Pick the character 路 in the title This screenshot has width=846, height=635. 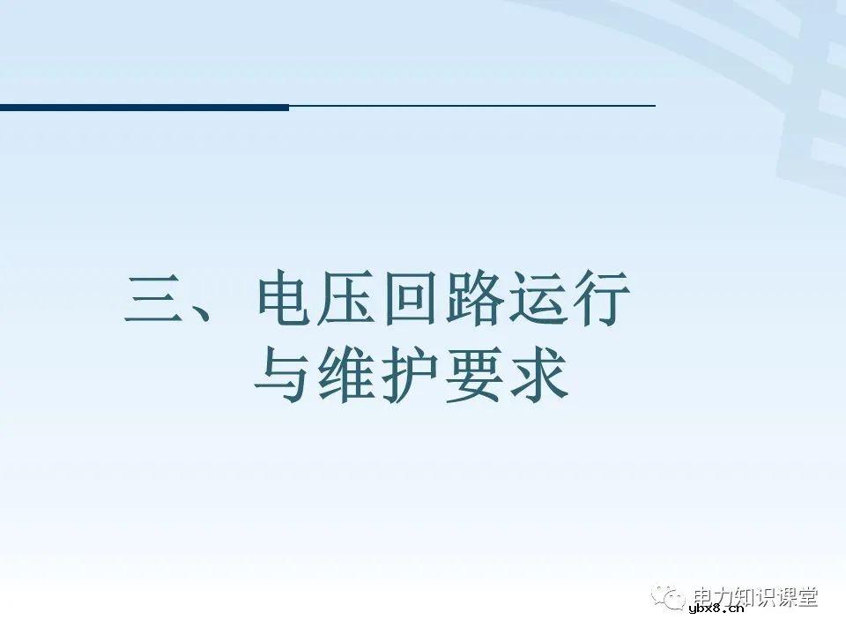point(474,300)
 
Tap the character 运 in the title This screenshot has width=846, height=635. point(537,300)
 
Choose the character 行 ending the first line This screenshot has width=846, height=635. point(600,300)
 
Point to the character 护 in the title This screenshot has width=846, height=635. point(412,377)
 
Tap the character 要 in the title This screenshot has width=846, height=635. point(474,377)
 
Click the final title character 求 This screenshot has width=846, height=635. point(537,377)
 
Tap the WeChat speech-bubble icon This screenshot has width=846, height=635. point(669,598)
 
